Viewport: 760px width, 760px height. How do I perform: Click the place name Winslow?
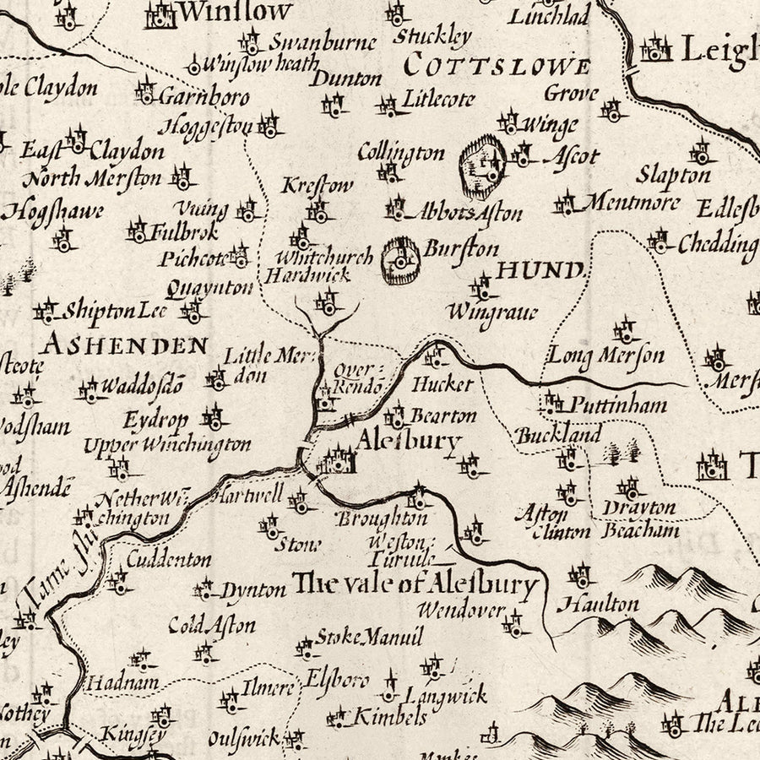coord(236,12)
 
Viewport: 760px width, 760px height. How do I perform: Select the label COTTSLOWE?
coord(497,65)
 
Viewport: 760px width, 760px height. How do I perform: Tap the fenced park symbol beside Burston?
coord(400,262)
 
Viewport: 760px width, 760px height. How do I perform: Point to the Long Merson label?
coord(606,355)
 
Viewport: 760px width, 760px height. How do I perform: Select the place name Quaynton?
coord(209,289)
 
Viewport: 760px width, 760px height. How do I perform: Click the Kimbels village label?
coord(389,718)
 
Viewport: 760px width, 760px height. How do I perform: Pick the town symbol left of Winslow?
coord(160,14)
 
